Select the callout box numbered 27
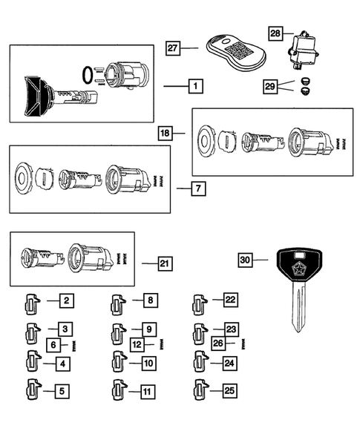point(173,48)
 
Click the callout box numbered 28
point(275,33)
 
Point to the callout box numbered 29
point(270,87)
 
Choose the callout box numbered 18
point(166,133)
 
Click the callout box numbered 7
point(197,188)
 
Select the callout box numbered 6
point(54,344)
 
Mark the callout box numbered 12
point(137,344)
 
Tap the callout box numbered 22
point(231,300)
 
